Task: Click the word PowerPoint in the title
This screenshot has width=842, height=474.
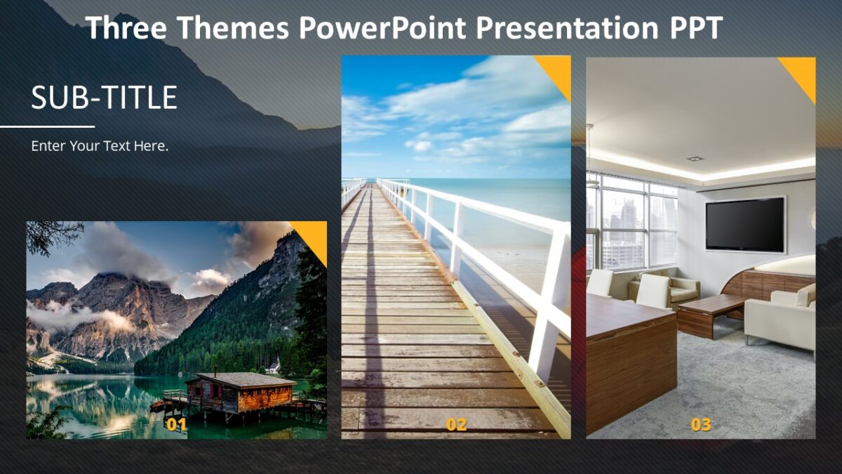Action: click(x=382, y=28)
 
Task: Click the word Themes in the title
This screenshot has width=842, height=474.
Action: click(x=232, y=28)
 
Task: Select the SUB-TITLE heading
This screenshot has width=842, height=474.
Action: click(x=104, y=98)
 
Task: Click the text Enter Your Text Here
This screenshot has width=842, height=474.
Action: click(x=100, y=146)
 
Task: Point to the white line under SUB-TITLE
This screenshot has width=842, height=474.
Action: click(x=47, y=127)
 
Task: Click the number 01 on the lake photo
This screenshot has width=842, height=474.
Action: click(x=177, y=424)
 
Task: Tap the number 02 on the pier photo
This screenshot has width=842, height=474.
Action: click(x=456, y=424)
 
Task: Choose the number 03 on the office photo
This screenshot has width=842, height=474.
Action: click(x=701, y=424)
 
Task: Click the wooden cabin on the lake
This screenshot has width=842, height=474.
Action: click(x=240, y=393)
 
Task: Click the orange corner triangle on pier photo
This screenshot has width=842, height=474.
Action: click(x=558, y=70)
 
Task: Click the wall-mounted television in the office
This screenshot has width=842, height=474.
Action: click(x=745, y=224)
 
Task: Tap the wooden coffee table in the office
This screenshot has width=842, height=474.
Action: click(x=711, y=310)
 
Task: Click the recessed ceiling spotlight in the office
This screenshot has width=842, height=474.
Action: click(x=695, y=159)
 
